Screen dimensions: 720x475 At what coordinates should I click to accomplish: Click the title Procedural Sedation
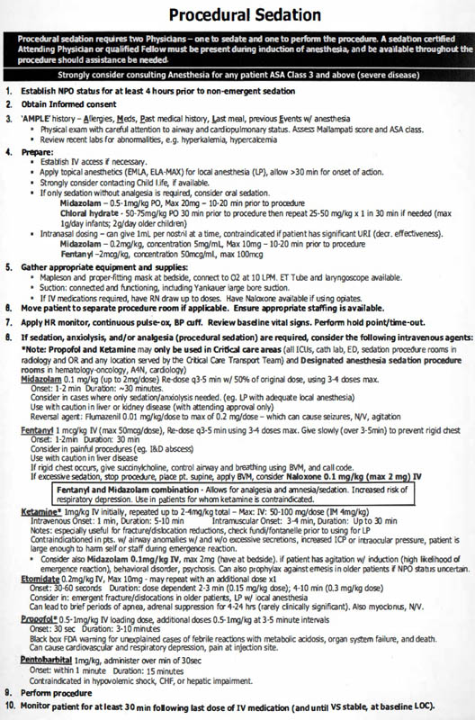coord(237,15)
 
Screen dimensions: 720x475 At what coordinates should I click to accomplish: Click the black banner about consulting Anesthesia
coord(237,74)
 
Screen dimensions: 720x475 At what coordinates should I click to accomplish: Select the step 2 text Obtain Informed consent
coord(75,104)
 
